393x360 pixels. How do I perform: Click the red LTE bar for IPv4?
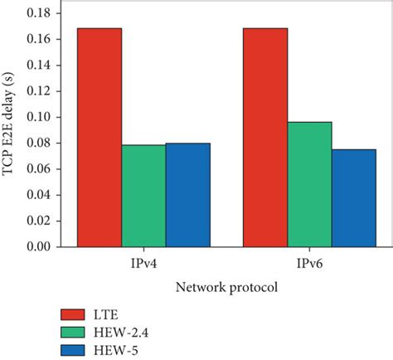pyautogui.click(x=99, y=138)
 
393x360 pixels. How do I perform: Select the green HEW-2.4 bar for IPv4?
pyautogui.click(x=143, y=196)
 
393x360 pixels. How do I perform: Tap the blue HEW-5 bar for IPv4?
pyautogui.click(x=187, y=195)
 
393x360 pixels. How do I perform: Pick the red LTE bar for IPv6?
pyautogui.click(x=265, y=138)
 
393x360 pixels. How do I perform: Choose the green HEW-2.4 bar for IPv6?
pyautogui.click(x=309, y=184)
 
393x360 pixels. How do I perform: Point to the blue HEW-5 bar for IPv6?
pyautogui.click(x=353, y=197)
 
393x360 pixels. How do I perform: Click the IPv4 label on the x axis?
pyautogui.click(x=133, y=262)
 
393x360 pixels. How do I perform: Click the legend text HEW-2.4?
pyautogui.click(x=133, y=333)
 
